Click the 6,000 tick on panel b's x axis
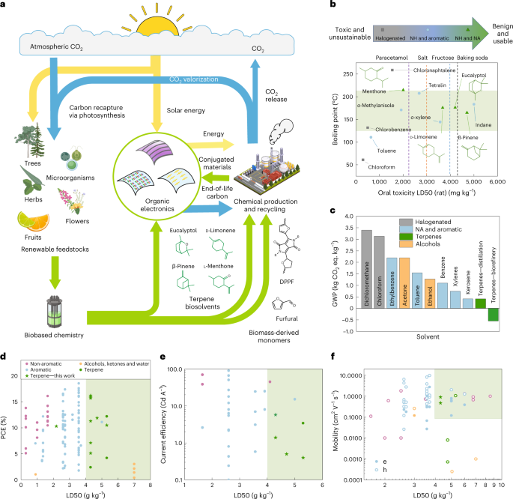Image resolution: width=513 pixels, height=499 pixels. click(498, 181)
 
